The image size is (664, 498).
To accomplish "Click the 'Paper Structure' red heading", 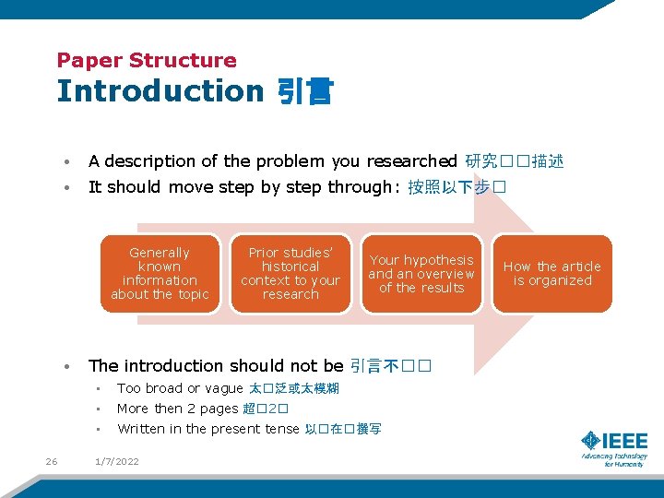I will pyautogui.click(x=147, y=61).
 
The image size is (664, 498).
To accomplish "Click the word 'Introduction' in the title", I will pyautogui.click(x=160, y=91).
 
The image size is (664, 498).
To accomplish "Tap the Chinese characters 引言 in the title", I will pyautogui.click(x=305, y=92).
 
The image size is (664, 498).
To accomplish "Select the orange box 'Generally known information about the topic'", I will pyautogui.click(x=160, y=274).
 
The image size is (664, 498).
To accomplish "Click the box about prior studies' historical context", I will pyautogui.click(x=290, y=274).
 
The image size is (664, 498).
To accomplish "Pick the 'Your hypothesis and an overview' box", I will pyautogui.click(x=421, y=274).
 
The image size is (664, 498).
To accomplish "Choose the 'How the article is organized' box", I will pyautogui.click(x=551, y=274).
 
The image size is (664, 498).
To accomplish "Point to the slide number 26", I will pyautogui.click(x=52, y=461).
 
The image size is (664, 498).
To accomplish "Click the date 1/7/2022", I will pyautogui.click(x=117, y=461).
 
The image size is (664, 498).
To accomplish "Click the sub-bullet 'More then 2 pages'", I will pyautogui.click(x=177, y=409).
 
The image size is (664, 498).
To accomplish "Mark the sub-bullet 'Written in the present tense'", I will pyautogui.click(x=208, y=429).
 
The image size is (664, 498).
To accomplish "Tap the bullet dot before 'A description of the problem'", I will pyautogui.click(x=68, y=162).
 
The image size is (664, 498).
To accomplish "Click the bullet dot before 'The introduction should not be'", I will pyautogui.click(x=68, y=367).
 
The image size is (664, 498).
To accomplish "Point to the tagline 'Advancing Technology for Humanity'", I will pyautogui.click(x=614, y=459).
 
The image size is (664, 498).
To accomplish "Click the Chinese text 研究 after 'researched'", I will pyautogui.click(x=480, y=161).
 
